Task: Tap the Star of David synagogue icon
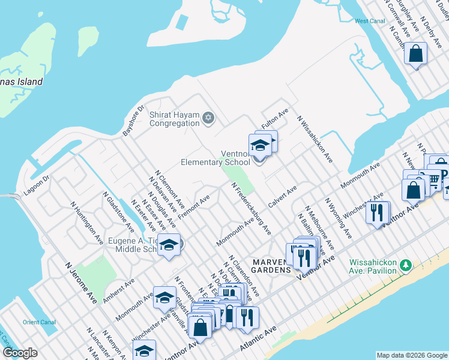[x=209, y=117]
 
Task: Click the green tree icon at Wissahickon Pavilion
[x=406, y=265]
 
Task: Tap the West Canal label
[x=369, y=21]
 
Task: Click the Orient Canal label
[x=39, y=322]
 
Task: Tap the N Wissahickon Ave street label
[x=315, y=139]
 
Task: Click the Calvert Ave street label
[x=283, y=197]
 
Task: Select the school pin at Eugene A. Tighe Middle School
[x=169, y=245]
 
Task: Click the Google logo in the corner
[x=20, y=353]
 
